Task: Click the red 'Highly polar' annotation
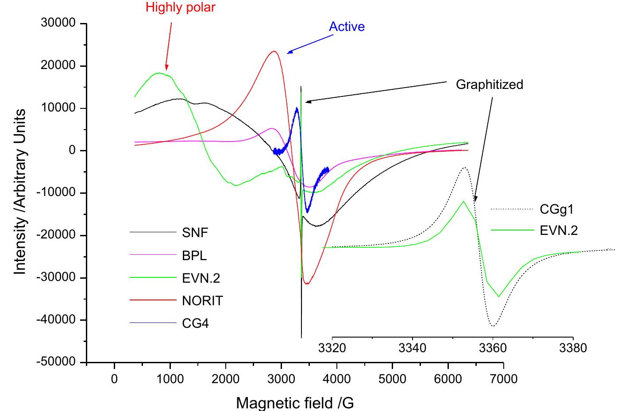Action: pyautogui.click(x=181, y=8)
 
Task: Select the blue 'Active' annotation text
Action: pyautogui.click(x=347, y=27)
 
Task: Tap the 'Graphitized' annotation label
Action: pyautogui.click(x=489, y=85)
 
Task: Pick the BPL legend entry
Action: pyautogui.click(x=194, y=255)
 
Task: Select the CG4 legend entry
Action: pyautogui.click(x=195, y=324)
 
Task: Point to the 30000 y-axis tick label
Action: pyautogui.click(x=58, y=23)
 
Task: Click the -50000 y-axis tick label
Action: pyautogui.click(x=57, y=362)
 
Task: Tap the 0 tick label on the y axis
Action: pyautogui.click(x=72, y=151)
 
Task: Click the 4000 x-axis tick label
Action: pyautogui.click(x=337, y=379)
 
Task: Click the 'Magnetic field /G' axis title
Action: pyautogui.click(x=295, y=403)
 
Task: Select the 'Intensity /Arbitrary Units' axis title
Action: pyautogui.click(x=20, y=192)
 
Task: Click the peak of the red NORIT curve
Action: pyautogui.click(x=274, y=51)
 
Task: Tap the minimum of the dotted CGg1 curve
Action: pyautogui.click(x=493, y=326)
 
